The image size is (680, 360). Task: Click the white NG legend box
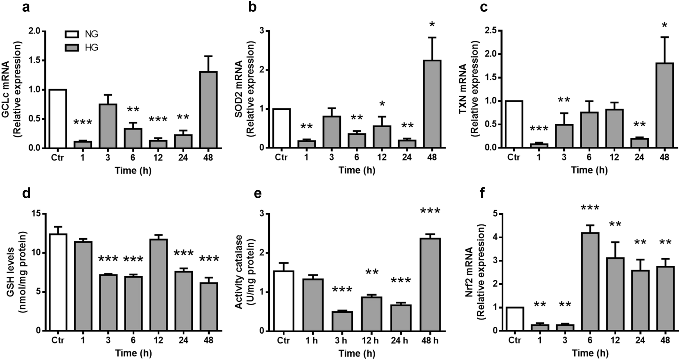(x=72, y=34)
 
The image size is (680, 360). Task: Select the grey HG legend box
(x=72, y=48)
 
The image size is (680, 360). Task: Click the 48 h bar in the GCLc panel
(x=208, y=110)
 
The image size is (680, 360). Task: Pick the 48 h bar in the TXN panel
(x=664, y=105)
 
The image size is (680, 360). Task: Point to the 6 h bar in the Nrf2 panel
(x=589, y=281)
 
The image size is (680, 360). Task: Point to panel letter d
(x=26, y=194)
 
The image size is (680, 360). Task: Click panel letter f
(x=483, y=194)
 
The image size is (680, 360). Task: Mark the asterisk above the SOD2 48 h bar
(x=432, y=25)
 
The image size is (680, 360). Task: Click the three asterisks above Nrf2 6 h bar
(x=590, y=208)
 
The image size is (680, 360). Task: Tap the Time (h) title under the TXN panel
(x=589, y=170)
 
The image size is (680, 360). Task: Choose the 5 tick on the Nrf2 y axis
(x=496, y=214)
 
